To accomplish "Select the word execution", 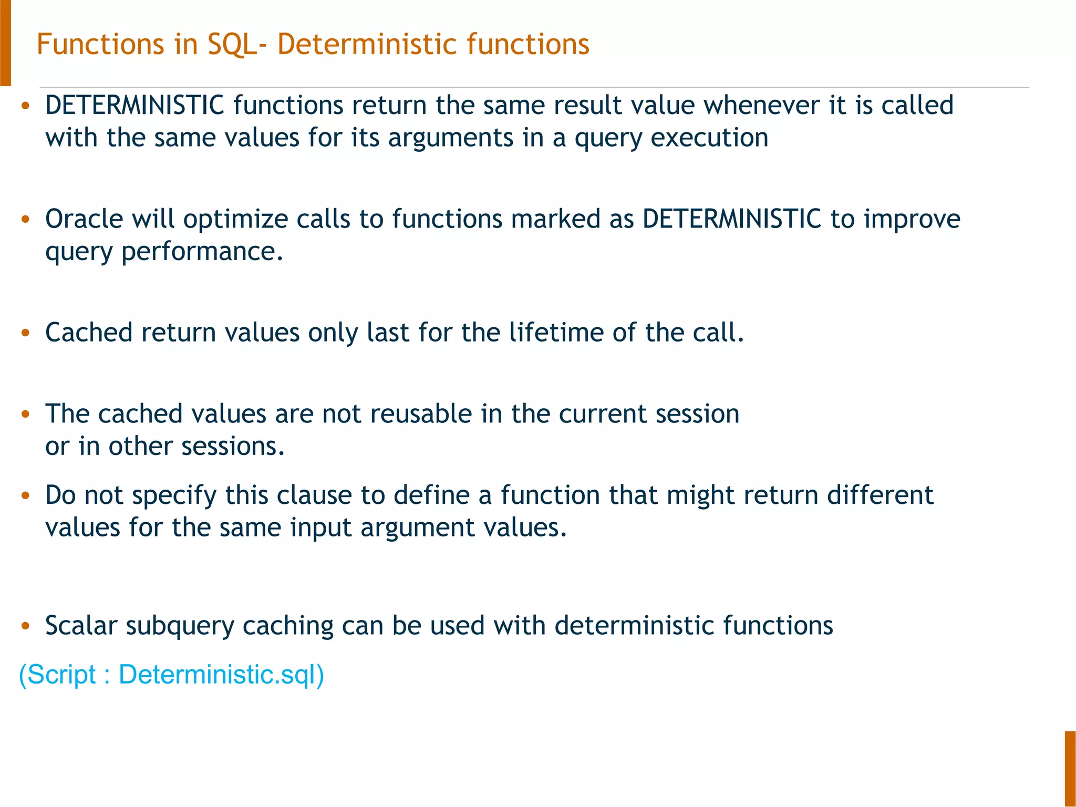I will pos(709,138).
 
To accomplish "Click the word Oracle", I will pos(84,219).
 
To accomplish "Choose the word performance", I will pos(202,252).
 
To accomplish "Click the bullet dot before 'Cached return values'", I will pos(25,333).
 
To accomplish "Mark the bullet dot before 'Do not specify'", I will pos(25,496).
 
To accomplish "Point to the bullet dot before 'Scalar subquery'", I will pos(25,626).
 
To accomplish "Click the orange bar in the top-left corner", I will pos(5,42).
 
